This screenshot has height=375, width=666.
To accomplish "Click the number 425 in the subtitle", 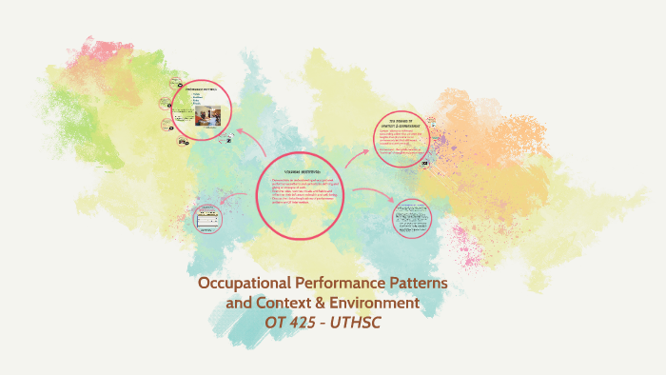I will [305, 324].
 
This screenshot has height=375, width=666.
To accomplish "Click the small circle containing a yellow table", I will [208, 220].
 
